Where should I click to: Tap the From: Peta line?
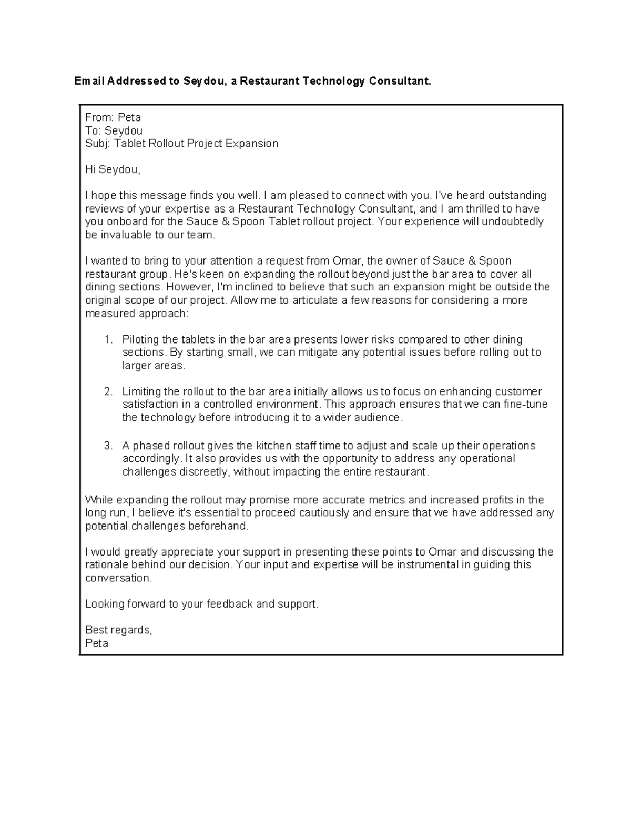click(x=113, y=117)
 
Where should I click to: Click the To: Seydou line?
click(x=114, y=130)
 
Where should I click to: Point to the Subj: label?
click(x=97, y=144)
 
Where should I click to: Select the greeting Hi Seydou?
click(x=113, y=169)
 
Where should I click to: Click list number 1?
click(x=108, y=339)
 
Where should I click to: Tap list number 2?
click(x=108, y=391)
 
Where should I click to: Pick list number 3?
click(x=108, y=446)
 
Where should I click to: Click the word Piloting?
click(x=141, y=339)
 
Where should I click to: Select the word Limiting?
click(x=141, y=391)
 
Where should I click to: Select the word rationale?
click(x=106, y=564)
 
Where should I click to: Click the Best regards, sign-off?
click(x=119, y=630)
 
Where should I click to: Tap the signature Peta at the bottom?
click(x=97, y=643)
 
